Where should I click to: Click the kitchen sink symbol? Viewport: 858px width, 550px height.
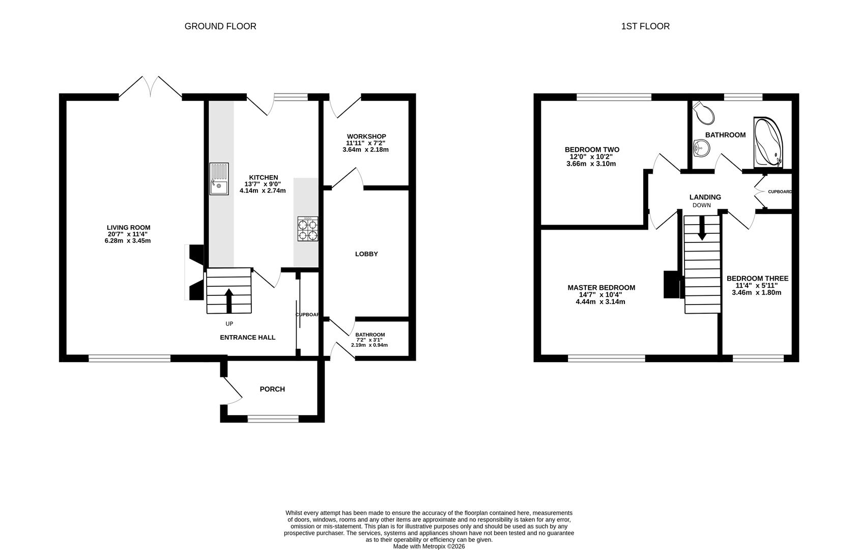coord(219,179)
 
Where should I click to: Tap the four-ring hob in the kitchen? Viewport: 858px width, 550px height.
coord(308,229)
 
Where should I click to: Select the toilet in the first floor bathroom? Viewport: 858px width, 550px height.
coord(705,113)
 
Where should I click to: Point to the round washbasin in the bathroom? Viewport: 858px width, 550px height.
coord(701,149)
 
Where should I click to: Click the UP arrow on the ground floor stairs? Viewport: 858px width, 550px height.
coord(228,300)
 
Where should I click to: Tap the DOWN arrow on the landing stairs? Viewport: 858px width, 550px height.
coord(702,228)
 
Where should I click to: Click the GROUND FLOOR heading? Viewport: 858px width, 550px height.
coord(220,26)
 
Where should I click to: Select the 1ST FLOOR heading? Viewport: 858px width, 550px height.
coord(645,26)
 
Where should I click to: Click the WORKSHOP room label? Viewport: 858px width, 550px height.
coord(366,136)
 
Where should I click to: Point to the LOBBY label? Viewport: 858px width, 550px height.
coord(366,254)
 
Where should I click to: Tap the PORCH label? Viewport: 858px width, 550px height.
coord(272,389)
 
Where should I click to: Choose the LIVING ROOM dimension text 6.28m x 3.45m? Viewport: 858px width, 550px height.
coord(128,241)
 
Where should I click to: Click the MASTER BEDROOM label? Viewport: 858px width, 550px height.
coord(601,288)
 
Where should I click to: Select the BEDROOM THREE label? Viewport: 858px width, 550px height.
coord(757,279)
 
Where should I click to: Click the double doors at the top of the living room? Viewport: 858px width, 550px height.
coord(151,88)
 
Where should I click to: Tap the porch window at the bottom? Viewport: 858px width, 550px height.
coord(273,419)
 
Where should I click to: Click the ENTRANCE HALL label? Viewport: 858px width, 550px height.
coord(247,337)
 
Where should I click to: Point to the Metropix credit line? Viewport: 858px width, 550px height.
coord(428,546)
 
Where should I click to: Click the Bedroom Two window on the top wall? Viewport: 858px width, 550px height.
coord(614,97)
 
